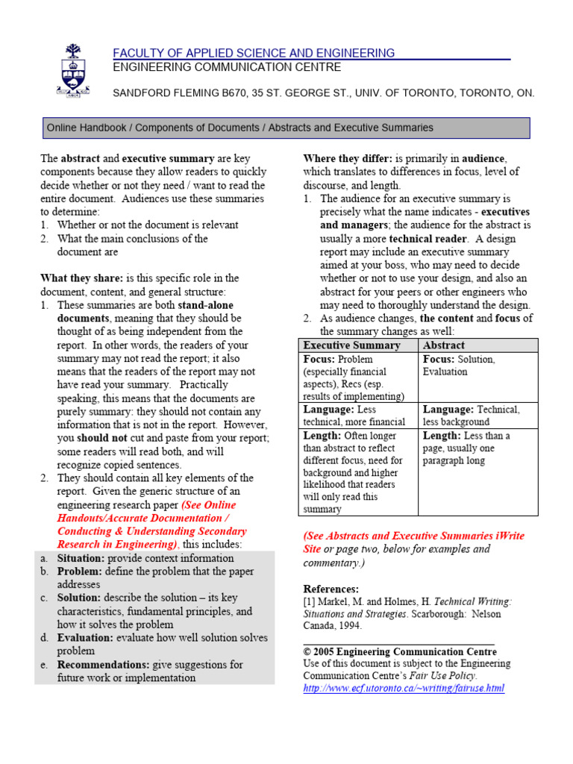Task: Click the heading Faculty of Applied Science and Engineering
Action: tap(254, 53)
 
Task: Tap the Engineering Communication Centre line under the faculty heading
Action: tap(227, 67)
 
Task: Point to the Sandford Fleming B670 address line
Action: tap(323, 93)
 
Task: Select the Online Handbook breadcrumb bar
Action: tap(286, 128)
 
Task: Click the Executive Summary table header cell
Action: tap(351, 345)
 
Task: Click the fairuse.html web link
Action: tap(404, 688)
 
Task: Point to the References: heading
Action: tap(331, 589)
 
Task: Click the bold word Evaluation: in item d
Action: tap(84, 638)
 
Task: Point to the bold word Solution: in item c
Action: tap(78, 598)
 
